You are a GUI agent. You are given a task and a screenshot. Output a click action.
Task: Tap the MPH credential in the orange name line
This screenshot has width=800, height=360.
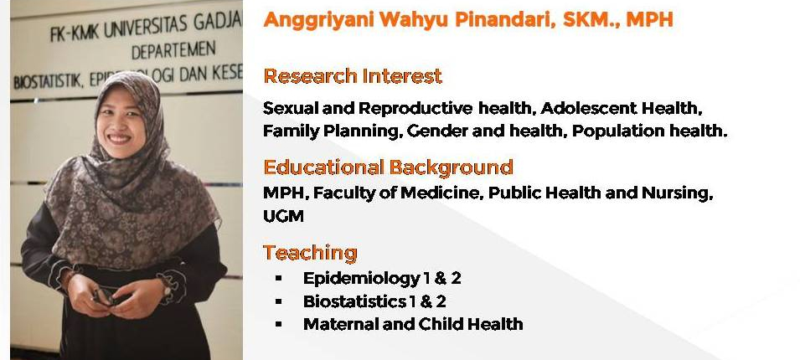point(649,19)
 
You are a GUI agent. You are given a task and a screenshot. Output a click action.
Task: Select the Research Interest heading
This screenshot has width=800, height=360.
point(353,76)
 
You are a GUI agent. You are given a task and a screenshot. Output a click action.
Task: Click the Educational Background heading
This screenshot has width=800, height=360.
point(388,167)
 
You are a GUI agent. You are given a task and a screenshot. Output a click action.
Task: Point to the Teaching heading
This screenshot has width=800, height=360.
point(310,253)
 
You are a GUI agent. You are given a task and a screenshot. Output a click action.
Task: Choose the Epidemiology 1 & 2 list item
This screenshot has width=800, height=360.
point(382,279)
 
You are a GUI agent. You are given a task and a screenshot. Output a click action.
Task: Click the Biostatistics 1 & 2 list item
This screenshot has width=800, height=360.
point(374,301)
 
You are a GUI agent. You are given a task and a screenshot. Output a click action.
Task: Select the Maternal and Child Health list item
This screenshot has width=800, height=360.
point(413,324)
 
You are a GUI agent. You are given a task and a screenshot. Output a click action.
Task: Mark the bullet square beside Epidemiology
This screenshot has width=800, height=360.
point(279,279)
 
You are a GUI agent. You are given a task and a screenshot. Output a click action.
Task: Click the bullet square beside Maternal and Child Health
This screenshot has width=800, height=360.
point(279,324)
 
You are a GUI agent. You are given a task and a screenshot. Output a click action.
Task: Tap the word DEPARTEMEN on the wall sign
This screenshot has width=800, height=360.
point(173,51)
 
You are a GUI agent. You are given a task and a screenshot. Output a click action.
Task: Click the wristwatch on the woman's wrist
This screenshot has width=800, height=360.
point(167,289)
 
